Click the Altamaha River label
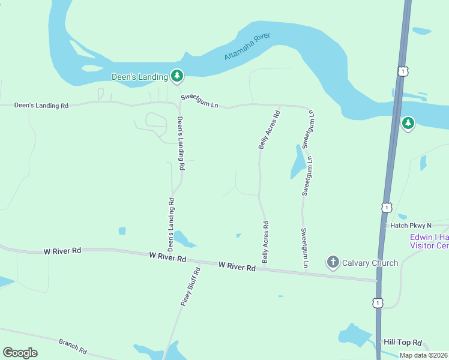pos(247,46)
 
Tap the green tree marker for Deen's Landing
pos(176,76)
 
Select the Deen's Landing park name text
pos(140,77)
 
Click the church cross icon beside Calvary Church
pos(333,262)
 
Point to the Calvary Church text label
pos(370,263)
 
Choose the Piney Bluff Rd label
pos(190,287)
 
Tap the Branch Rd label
pos(73,346)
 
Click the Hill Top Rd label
pos(404,343)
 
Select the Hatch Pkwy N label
pos(411,226)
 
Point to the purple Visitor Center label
pos(429,241)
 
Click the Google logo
pos(20,353)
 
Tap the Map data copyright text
pos(424,355)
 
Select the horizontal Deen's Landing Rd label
pos(41,106)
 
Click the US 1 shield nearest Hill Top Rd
pos(377,302)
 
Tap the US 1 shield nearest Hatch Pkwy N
pos(387,208)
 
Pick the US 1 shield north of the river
pos(402,71)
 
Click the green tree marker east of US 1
pos(408,124)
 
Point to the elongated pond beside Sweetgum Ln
pos(298,161)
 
